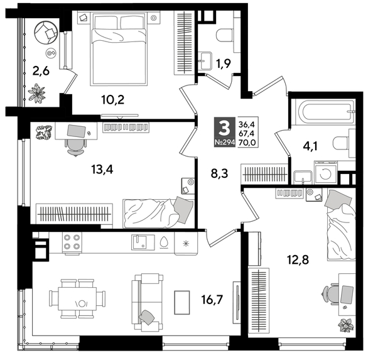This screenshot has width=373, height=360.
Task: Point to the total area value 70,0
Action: (247, 143)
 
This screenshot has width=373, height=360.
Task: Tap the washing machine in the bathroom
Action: (325, 174)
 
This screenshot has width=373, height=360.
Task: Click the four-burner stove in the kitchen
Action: (71, 243)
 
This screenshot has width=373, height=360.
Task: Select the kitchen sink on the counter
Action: (141, 242)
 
